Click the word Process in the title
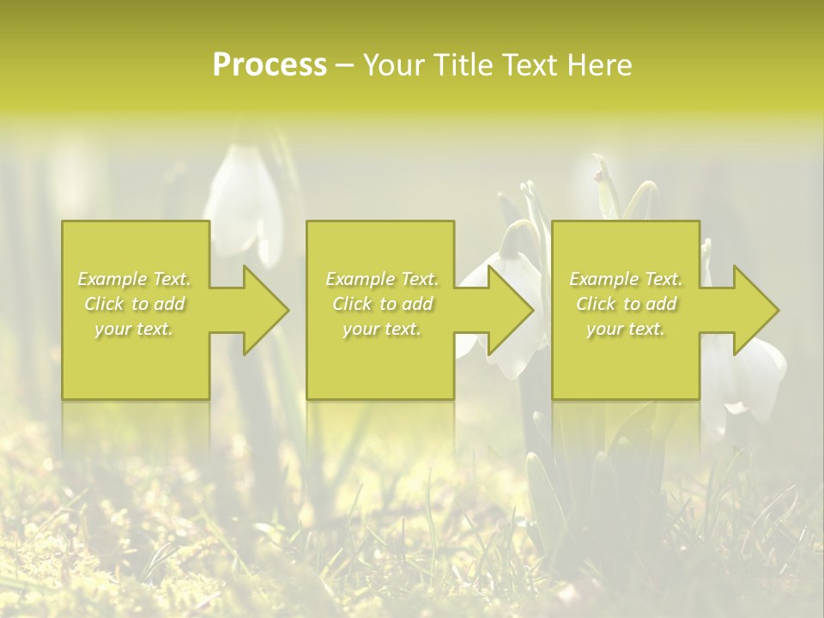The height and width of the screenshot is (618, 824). [270, 65]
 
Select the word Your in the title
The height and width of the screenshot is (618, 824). [392, 65]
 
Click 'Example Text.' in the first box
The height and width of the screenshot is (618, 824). [135, 279]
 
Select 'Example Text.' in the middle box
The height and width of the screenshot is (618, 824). [382, 279]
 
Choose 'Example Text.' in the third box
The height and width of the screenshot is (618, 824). [626, 279]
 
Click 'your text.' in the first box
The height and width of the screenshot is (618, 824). [135, 329]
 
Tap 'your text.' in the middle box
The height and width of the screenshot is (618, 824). [382, 329]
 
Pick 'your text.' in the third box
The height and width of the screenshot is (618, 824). [626, 329]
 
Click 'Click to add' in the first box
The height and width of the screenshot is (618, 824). [135, 304]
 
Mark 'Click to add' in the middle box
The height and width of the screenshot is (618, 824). [382, 304]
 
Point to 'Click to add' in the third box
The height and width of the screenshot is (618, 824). [626, 304]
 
